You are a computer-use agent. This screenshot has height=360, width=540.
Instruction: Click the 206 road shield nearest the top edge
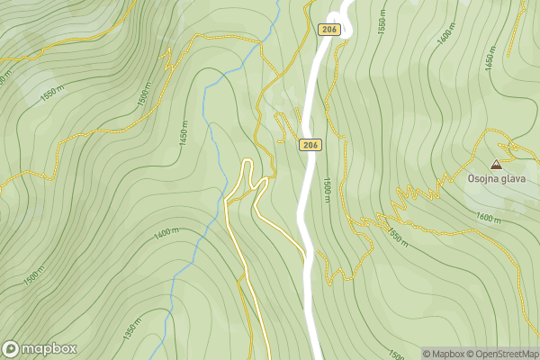(328, 30)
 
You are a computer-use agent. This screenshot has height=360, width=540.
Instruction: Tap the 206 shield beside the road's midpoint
(311, 144)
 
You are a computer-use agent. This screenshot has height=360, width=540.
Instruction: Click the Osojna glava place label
(496, 178)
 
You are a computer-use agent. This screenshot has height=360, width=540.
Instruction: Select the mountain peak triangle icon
(496, 164)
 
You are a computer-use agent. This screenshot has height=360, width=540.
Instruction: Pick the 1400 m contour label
(166, 233)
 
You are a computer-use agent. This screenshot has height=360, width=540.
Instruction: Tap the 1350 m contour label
(132, 329)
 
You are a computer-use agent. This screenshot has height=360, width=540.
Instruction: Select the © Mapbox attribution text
(445, 354)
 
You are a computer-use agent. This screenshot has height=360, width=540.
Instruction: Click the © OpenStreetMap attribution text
(506, 354)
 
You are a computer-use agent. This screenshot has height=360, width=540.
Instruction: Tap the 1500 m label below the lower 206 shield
(325, 189)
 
